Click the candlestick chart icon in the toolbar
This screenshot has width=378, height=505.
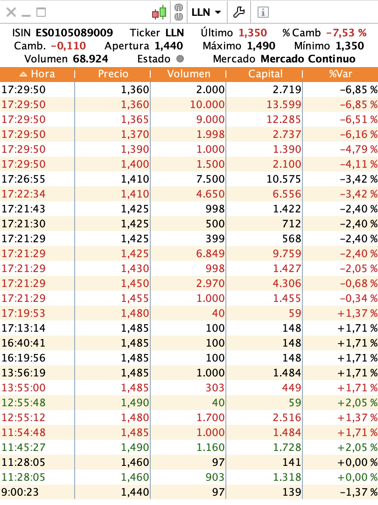pos(159,12)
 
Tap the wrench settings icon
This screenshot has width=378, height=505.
pos(239,12)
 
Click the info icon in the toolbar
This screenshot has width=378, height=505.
pos(263,13)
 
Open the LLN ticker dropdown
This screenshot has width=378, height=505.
pos(206,13)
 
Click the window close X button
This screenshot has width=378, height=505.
pos(11,13)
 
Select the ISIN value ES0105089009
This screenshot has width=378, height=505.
pos(74,33)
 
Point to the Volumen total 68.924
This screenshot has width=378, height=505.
pos(91,59)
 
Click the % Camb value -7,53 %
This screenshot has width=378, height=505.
pos(346,33)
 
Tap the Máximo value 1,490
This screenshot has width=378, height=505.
pos(261,46)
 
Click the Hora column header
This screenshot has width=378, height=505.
pos(37,74)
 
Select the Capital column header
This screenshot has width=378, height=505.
pos(265,74)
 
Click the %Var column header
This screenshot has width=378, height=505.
pos(340,74)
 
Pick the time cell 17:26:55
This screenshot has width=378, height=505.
pos(23,179)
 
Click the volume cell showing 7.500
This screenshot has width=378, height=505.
pos(212,179)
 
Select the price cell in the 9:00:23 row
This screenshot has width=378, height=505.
pos(135,492)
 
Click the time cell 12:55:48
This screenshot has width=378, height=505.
pos(23,403)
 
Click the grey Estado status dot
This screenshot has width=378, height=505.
pos(180,59)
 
